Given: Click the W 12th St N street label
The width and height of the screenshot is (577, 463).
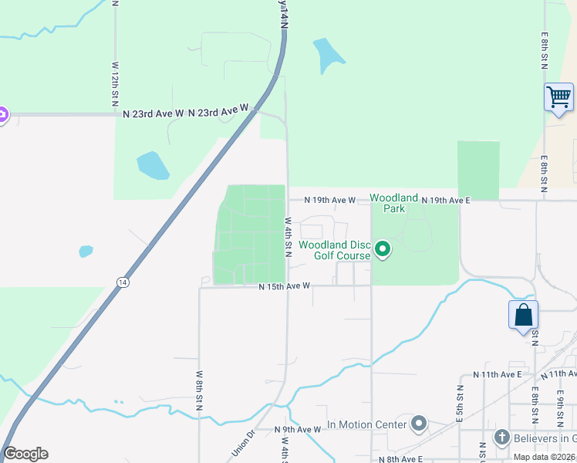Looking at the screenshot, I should point(114,85).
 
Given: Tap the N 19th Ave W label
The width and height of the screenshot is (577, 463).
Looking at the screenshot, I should point(329,200).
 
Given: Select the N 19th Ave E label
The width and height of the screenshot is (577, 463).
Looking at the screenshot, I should point(445,200).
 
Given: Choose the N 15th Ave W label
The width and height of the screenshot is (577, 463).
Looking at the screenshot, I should point(284,286).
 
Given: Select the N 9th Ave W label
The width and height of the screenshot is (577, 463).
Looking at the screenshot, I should point(298,429).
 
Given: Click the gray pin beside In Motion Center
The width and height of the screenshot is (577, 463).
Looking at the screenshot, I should point(419,424).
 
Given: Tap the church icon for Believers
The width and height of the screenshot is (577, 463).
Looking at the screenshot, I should point(501,438).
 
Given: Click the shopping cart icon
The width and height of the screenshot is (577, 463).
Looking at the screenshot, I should point(558,97).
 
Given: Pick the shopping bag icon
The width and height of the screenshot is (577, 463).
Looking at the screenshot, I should point(523,315).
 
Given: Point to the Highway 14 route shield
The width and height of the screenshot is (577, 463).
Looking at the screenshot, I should point(123,282).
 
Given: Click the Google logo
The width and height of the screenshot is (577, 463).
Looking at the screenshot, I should point(25,454).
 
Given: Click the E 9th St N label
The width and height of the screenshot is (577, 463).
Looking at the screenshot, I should point(559,407).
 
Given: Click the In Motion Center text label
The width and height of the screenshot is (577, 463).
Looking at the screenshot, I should point(367,424).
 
